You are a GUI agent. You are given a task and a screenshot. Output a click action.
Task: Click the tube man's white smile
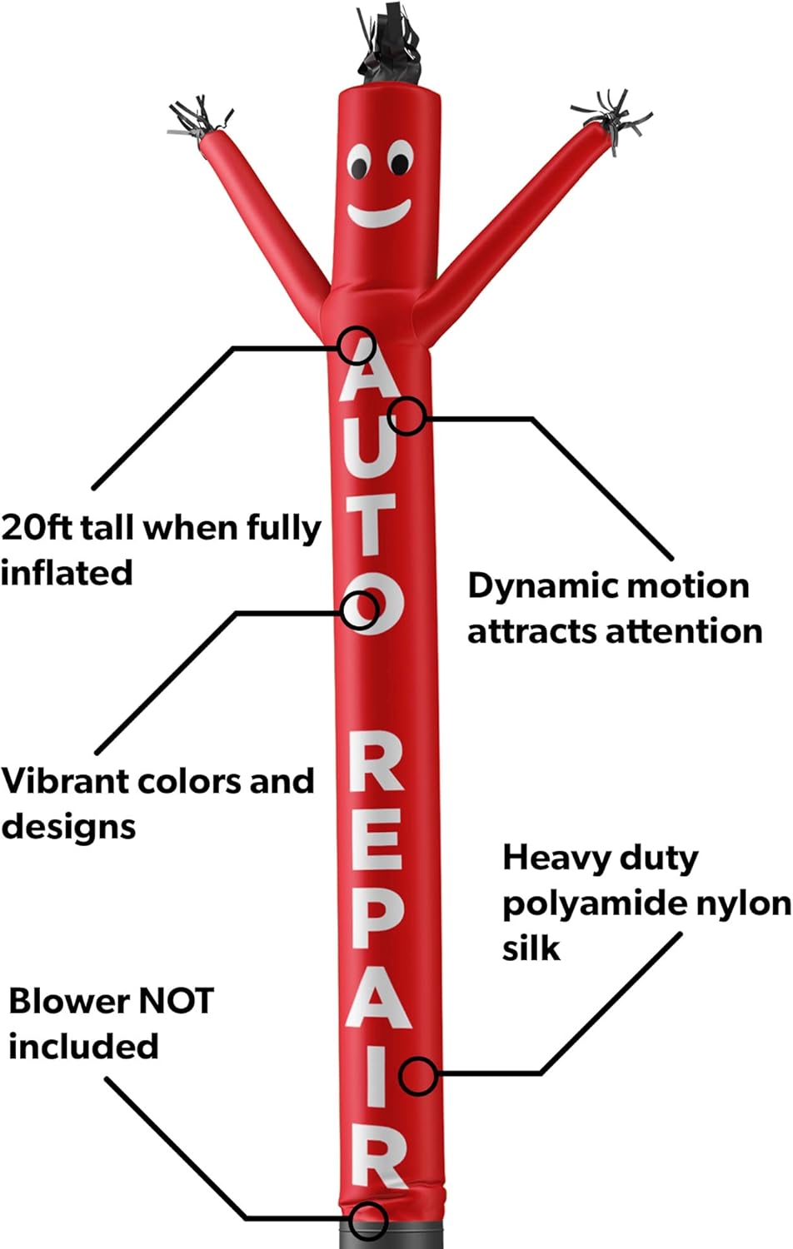click(x=379, y=215)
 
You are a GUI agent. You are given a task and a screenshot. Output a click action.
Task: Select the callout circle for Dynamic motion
click(x=407, y=416)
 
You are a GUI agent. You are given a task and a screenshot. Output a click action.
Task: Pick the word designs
click(x=68, y=827)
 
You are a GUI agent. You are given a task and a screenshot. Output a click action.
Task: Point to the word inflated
click(x=67, y=572)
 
